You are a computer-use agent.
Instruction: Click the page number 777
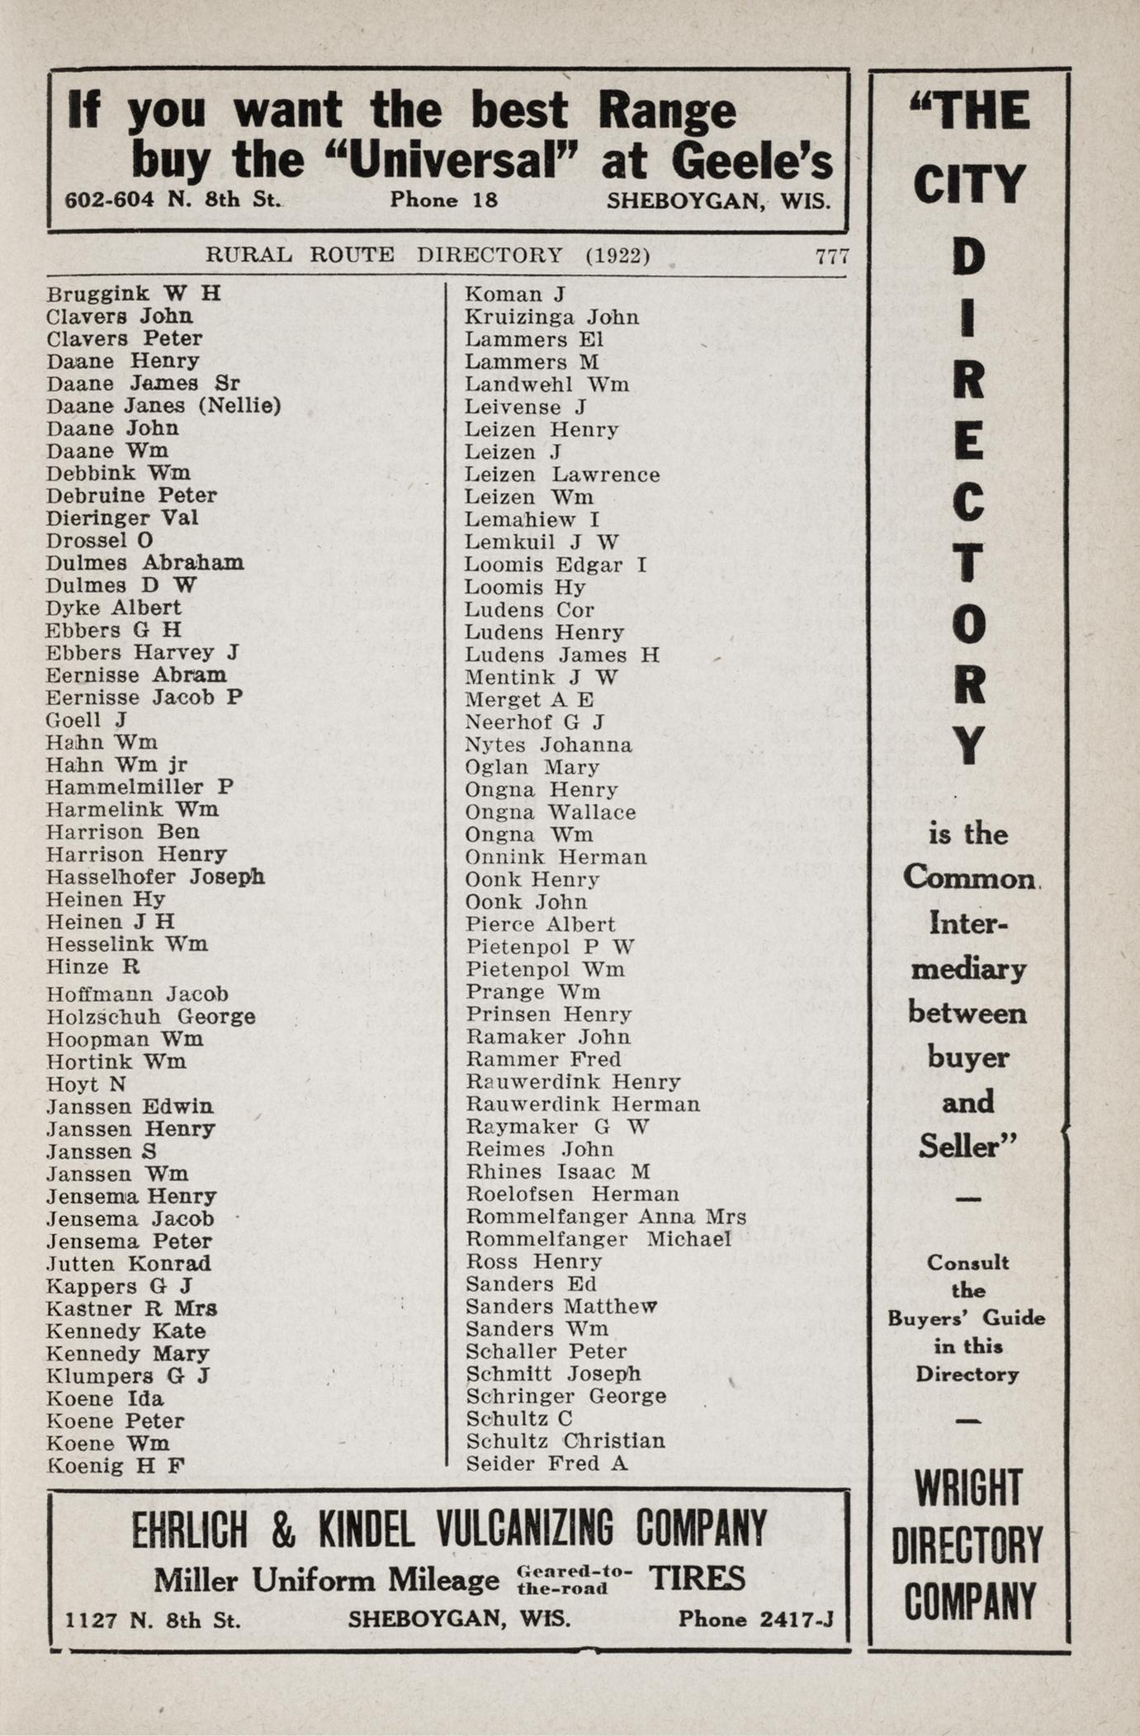tap(831, 256)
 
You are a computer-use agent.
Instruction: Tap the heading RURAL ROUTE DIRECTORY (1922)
tap(428, 255)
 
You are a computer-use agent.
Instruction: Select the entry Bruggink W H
tap(133, 294)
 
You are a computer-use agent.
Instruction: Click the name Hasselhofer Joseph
tap(155, 877)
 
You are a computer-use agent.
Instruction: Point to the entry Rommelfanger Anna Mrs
tap(605, 1217)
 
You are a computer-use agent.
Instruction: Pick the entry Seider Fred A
tap(546, 1464)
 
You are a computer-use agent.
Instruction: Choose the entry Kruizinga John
tap(551, 317)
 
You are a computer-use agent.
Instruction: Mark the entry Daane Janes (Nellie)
tap(163, 405)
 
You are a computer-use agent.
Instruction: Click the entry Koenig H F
tap(116, 1466)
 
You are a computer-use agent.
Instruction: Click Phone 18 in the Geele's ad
tap(444, 200)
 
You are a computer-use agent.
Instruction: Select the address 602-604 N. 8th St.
tap(173, 200)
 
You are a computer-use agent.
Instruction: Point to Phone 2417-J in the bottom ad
tap(754, 1620)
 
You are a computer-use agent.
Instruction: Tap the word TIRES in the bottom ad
tap(697, 1578)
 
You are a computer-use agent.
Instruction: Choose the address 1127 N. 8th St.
tap(154, 1620)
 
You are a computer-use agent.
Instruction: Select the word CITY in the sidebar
tap(969, 184)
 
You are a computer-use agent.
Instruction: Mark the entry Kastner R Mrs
tap(132, 1308)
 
